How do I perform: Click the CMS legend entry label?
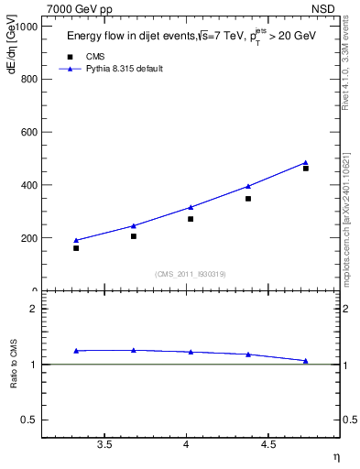coord(95,56)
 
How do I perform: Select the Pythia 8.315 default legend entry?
coord(124,69)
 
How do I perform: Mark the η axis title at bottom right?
coord(335,456)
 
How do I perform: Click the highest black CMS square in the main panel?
coord(306,168)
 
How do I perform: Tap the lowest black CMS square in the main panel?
coord(76,248)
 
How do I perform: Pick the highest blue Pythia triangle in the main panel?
coord(306,163)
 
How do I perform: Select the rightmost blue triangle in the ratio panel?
coord(306,361)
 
